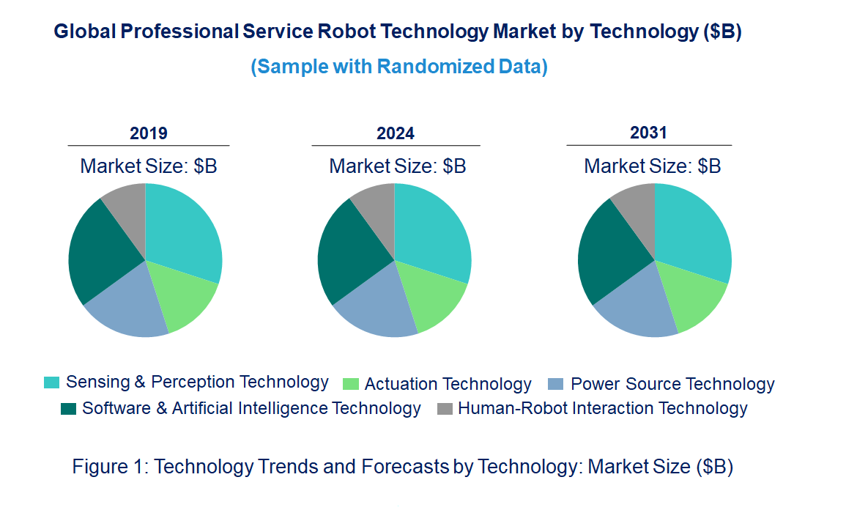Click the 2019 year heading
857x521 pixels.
[x=149, y=133]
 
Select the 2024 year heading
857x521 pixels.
[x=396, y=133]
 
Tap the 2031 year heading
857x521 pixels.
[x=649, y=133]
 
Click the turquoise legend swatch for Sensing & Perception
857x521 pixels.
[x=51, y=383]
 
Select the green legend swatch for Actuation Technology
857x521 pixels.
[x=351, y=384]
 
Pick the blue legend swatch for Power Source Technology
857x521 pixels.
[x=556, y=384]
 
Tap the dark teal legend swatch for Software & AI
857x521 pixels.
[x=68, y=409]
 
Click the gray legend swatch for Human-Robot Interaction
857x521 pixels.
[x=444, y=409]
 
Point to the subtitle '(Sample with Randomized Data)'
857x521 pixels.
[x=399, y=67]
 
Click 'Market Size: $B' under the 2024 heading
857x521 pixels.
[x=398, y=166]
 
